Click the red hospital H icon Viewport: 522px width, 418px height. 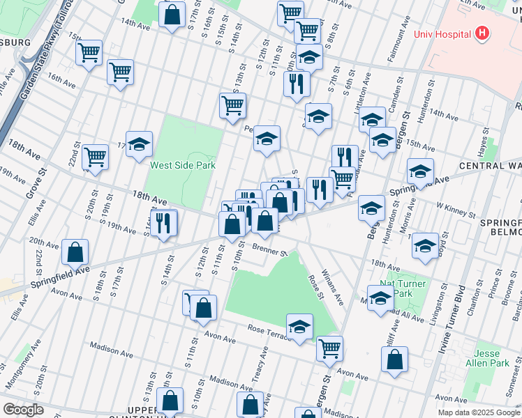point(481,33)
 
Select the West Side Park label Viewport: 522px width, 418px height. point(183,165)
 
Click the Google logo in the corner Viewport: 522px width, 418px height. point(22,410)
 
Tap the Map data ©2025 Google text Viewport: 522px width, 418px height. point(479,412)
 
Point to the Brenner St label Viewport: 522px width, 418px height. point(270,250)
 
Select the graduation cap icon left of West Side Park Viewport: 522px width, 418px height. point(139,144)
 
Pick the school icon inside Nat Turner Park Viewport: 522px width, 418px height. point(380,299)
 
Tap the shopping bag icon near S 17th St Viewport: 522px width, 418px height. point(172,15)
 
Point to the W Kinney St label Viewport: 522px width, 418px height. point(450,206)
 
